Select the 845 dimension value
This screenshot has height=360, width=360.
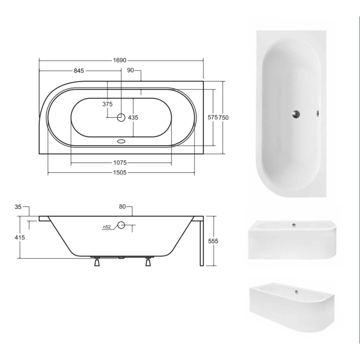[79, 71]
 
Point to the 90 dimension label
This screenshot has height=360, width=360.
[130, 71]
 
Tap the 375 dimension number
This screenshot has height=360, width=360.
[107, 104]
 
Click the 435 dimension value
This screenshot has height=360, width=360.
[133, 118]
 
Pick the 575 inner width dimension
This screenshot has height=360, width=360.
[212, 117]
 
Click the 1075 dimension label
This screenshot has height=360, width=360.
[121, 163]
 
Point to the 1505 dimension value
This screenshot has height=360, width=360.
[121, 173]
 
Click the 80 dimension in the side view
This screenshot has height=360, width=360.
[123, 206]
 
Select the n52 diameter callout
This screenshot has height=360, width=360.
[107, 227]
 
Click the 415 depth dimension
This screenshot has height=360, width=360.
[18, 238]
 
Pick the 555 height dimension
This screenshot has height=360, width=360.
[213, 241]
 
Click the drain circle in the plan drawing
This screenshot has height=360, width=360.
[121, 118]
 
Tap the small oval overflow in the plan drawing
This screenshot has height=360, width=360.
[121, 141]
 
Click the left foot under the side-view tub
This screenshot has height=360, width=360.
[96, 262]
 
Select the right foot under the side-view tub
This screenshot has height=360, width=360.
[148, 262]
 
